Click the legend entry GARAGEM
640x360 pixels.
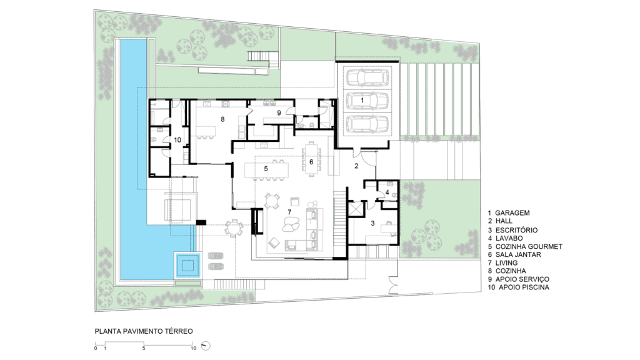pyautogui.click(x=512, y=212)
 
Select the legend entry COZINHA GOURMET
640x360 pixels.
pyautogui.click(x=529, y=246)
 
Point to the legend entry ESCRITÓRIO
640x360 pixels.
pyautogui.click(x=516, y=230)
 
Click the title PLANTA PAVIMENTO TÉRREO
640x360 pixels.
pyautogui.click(x=144, y=331)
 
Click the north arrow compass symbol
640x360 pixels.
pyautogui.click(x=206, y=346)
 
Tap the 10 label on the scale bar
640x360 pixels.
pyautogui.click(x=194, y=348)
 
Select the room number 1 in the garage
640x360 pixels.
pyautogui.click(x=362, y=100)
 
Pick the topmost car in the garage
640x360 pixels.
pyautogui.click(x=367, y=77)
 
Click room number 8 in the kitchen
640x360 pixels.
pyautogui.click(x=222, y=119)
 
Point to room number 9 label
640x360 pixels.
pyautogui.click(x=279, y=112)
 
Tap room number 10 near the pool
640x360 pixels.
pyautogui.click(x=177, y=140)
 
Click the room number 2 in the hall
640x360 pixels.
pyautogui.click(x=356, y=166)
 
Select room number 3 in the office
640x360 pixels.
pyautogui.click(x=372, y=223)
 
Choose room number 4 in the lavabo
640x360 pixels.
pyautogui.click(x=387, y=192)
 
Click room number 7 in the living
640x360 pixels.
pyautogui.click(x=289, y=212)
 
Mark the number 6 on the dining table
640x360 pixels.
pyautogui.click(x=311, y=162)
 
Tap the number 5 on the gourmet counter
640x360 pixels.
pyautogui.click(x=266, y=168)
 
